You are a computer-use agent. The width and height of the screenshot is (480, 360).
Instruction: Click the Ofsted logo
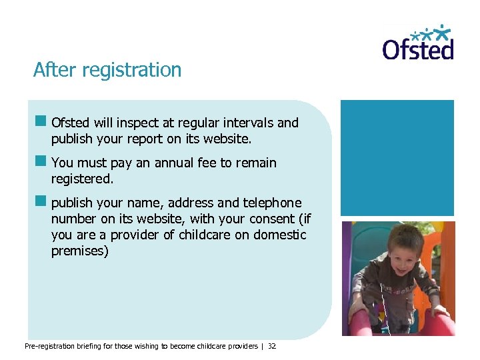click(418, 44)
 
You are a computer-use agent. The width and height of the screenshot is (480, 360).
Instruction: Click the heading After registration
click(107, 70)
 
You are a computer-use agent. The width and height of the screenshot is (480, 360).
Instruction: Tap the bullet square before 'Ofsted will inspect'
click(41, 122)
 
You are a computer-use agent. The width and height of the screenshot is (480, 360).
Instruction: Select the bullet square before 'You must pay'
click(41, 162)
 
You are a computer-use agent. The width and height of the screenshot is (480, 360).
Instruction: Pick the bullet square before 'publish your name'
click(41, 202)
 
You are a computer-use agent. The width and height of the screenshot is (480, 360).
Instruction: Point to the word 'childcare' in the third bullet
click(205, 235)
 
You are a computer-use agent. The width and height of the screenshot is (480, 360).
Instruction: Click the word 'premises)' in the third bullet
click(79, 251)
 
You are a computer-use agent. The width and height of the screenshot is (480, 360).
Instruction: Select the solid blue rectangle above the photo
click(397, 158)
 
